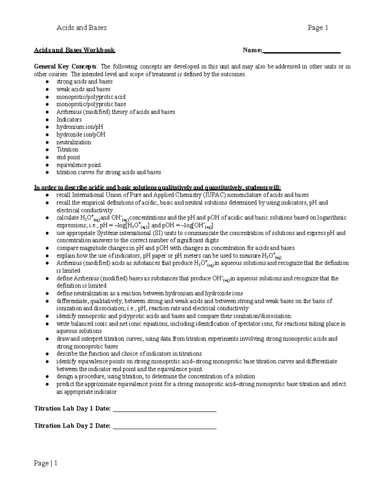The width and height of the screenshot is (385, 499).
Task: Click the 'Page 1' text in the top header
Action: click(x=318, y=28)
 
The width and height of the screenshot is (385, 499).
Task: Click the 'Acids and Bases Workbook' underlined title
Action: click(x=74, y=50)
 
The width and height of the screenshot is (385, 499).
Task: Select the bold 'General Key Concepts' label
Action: click(x=65, y=67)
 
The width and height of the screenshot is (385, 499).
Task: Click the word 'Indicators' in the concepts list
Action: click(x=69, y=120)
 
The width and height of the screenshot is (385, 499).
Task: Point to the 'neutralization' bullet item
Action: click(x=73, y=142)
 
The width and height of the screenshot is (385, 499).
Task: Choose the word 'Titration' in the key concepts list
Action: click(x=67, y=150)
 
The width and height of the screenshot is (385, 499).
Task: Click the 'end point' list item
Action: click(x=68, y=157)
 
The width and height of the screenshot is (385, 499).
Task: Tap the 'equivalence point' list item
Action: click(x=79, y=165)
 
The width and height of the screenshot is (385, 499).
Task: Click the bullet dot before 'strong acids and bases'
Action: click(x=47, y=82)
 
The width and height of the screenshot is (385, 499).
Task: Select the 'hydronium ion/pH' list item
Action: click(x=80, y=127)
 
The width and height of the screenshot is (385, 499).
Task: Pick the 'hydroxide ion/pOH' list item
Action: click(x=81, y=135)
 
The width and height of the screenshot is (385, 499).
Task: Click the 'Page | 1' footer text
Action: click(x=46, y=463)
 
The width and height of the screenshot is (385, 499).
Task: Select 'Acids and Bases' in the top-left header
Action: click(x=81, y=28)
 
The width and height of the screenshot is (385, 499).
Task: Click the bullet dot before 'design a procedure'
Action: click(x=47, y=377)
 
